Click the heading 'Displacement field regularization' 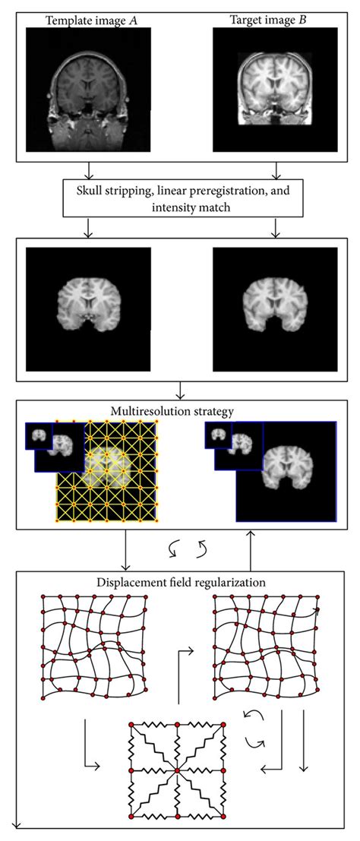[x=181, y=580]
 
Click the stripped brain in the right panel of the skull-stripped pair [x=275, y=308]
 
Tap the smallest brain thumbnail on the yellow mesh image [x=39, y=435]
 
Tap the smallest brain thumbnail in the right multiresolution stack [x=219, y=435]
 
